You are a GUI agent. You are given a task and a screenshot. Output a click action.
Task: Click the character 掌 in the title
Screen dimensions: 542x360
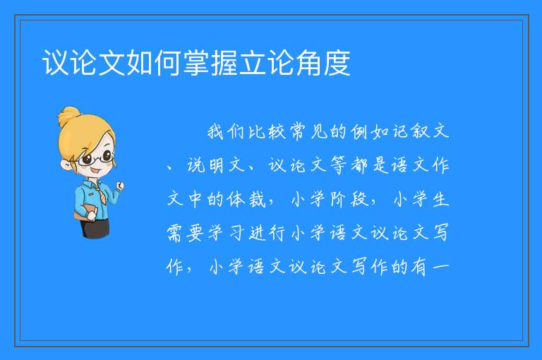point(196,63)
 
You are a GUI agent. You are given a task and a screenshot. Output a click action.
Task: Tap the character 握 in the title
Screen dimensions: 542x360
point(224,63)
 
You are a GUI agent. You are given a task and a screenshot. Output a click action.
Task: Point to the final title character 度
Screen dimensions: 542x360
point(337,63)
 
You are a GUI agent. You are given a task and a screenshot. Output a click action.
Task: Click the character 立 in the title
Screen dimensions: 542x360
point(253,63)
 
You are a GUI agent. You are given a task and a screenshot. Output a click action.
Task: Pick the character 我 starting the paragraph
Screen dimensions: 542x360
point(215,132)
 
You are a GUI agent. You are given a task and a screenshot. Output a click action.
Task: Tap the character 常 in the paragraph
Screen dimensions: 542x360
point(297,132)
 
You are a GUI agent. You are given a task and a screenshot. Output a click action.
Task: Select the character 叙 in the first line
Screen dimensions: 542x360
point(421,132)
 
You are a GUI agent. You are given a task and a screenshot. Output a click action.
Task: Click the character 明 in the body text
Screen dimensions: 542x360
point(215,166)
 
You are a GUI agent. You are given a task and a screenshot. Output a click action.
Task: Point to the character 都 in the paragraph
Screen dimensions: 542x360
point(359,166)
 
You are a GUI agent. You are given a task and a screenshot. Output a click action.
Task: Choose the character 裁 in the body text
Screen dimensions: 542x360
point(256,200)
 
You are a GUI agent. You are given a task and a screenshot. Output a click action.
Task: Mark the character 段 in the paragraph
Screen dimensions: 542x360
point(359,200)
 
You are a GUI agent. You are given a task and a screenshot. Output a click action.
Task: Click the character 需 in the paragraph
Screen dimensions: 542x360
point(174,233)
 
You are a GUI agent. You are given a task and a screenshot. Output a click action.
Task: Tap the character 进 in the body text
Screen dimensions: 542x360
point(256,233)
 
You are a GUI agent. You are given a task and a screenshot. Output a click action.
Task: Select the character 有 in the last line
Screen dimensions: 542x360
point(421,267)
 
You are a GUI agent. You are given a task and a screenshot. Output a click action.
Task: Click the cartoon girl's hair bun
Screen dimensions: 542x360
point(68,116)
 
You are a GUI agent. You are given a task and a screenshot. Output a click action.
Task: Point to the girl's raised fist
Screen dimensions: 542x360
point(119,186)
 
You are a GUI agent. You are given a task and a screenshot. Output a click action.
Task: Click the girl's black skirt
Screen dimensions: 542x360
point(96,227)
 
